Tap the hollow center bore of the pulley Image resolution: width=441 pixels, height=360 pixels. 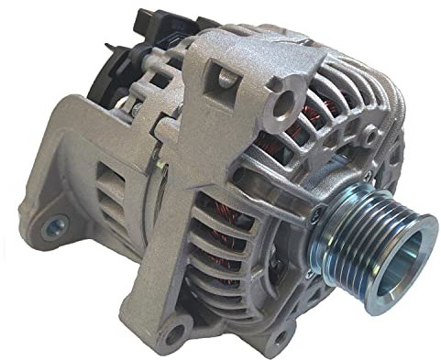[403, 248]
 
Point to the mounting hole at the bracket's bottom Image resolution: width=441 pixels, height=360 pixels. [174, 330]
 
